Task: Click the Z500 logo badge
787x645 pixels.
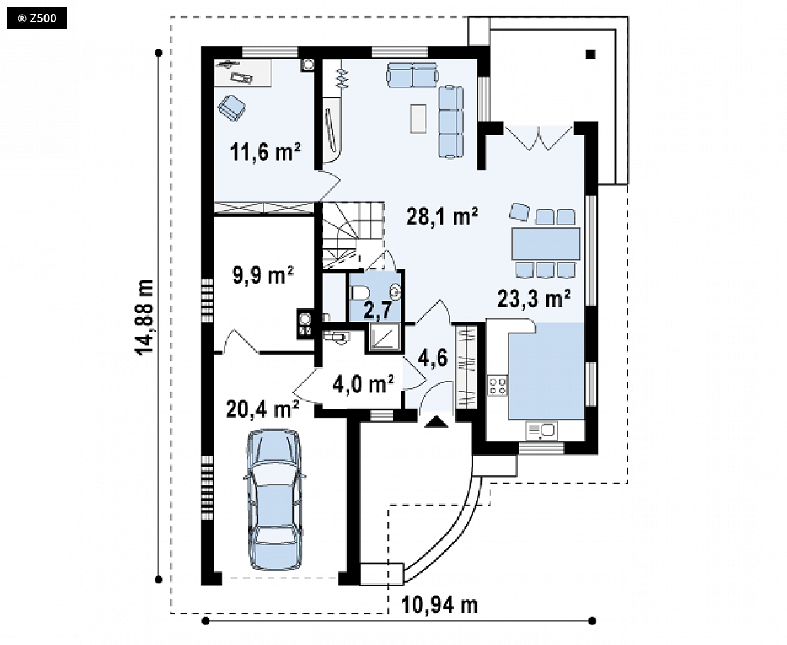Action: click(36, 19)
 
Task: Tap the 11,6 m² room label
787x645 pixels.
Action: click(266, 151)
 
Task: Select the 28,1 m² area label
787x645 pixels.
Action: click(442, 216)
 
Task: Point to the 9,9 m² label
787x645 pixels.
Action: click(263, 275)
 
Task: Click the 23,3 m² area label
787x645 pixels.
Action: click(534, 299)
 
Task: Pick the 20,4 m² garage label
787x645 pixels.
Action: click(262, 408)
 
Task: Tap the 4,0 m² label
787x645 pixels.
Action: click(363, 384)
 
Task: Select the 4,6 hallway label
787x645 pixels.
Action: click(433, 359)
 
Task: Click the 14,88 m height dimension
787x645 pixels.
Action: click(144, 316)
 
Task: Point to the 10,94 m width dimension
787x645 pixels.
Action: click(439, 605)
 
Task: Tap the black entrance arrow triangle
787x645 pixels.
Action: click(436, 422)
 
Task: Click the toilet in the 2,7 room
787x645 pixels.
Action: click(361, 292)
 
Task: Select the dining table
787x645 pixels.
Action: click(546, 243)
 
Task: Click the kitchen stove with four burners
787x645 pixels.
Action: click(497, 385)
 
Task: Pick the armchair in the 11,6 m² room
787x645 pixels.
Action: click(232, 107)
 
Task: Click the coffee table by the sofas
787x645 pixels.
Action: click(417, 118)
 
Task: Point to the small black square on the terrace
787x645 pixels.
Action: click(591, 54)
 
